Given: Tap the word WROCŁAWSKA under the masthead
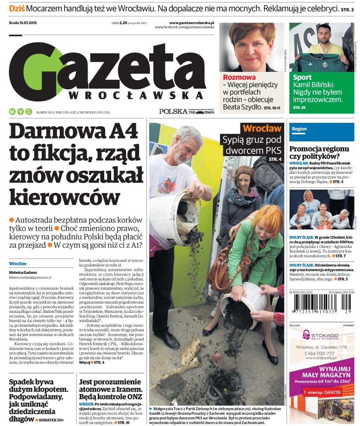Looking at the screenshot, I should point(136,95).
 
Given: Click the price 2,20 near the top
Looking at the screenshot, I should point(123,23).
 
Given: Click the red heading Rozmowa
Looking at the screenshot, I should point(239,77).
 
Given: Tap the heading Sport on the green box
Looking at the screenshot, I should point(302,77).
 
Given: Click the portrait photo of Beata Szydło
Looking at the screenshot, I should point(252,47).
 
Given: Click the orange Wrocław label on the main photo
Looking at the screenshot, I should point(262,128).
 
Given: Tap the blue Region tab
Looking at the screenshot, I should point(299,129).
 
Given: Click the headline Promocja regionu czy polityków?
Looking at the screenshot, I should point(319,153).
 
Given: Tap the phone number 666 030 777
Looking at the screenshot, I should point(323,353).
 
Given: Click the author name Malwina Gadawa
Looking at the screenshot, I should point(23,273).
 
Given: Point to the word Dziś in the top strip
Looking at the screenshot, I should point(17,8).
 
